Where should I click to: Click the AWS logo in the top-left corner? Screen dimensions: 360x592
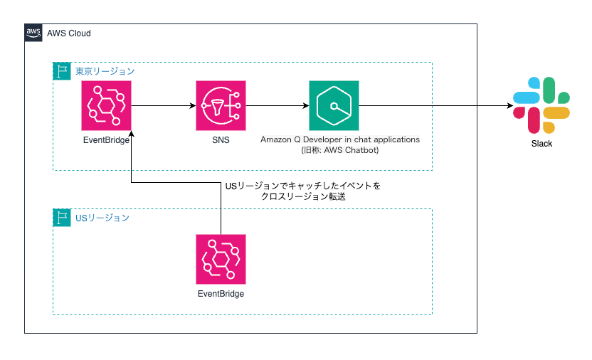[33, 33]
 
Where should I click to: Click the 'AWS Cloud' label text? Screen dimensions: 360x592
[69, 33]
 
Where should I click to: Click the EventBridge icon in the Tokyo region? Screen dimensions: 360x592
[107, 105]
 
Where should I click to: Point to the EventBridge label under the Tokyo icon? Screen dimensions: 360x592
[107, 139]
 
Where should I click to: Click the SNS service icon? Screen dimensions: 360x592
[220, 105]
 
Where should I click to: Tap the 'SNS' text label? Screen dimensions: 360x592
[220, 139]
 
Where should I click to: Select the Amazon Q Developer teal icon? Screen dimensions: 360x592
[334, 105]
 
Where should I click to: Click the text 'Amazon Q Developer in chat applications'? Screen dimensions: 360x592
[340, 139]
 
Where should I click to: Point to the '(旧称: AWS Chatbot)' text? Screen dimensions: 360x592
[340, 151]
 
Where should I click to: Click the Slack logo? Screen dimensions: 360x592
[541, 105]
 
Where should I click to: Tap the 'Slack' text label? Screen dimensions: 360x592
[541, 143]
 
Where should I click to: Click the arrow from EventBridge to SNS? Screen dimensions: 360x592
[163, 106]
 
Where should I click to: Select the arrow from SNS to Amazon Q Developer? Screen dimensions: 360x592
[277, 106]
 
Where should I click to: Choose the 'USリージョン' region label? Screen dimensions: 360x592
[102, 218]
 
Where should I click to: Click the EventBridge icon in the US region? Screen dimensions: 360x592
[221, 258]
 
